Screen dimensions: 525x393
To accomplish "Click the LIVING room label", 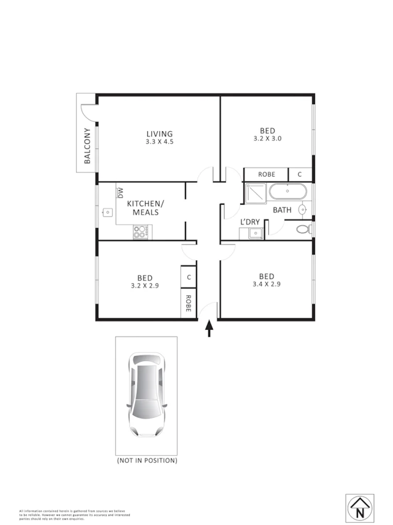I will click(160, 134).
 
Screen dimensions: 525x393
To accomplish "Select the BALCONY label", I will click(87, 146).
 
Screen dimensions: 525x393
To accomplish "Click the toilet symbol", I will click(305, 229).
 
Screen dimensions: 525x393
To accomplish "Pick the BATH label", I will click(282, 210).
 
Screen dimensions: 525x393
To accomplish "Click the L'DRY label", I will click(251, 222).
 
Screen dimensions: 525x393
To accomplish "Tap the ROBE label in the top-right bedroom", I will click(266, 175).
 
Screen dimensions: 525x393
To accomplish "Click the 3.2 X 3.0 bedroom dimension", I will click(268, 138).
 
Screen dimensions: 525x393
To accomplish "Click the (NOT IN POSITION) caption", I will click(146, 460).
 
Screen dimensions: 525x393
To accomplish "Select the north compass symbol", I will click(359, 508).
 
